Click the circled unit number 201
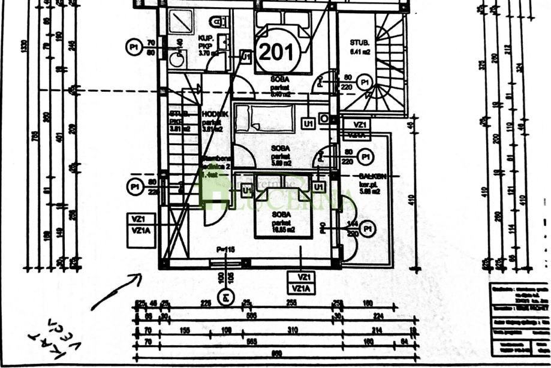277,52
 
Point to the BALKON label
372,176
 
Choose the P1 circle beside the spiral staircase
363,82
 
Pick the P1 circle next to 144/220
369,229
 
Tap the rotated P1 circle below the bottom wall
225,295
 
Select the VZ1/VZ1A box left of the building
141,230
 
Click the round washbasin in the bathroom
176,59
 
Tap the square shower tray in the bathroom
180,22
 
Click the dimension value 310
292,330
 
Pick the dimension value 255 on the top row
292,303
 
